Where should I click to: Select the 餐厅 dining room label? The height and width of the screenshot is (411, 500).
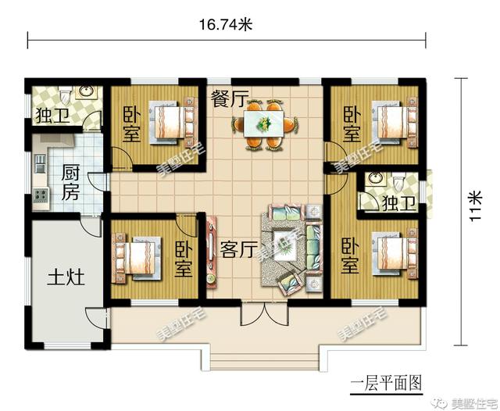[228, 99]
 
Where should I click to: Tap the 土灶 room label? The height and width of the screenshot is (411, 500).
[65, 278]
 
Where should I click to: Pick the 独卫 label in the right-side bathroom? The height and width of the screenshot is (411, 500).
[397, 203]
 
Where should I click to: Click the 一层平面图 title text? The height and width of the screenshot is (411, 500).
[385, 383]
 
